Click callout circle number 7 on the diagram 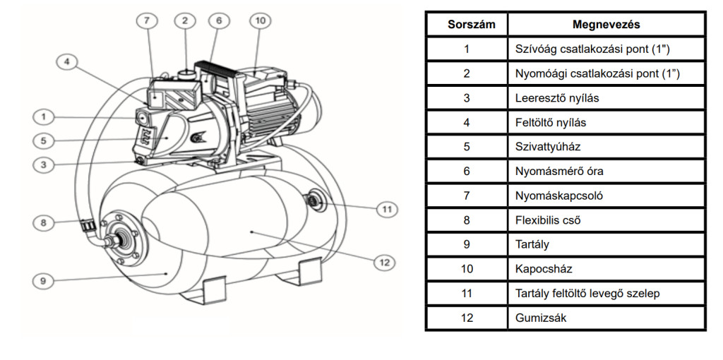(x=147, y=21)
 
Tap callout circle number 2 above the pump (x=185, y=21)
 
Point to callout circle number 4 (x=67, y=63)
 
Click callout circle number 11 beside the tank (x=386, y=209)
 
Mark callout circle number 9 (x=43, y=280)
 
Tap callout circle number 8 (x=43, y=223)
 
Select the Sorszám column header (x=466, y=25)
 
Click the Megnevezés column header (x=606, y=25)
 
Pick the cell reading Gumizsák (x=541, y=318)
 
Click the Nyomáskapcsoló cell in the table (x=559, y=196)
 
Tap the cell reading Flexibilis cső (x=548, y=220)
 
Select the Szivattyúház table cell (x=546, y=147)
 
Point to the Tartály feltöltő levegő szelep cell (x=587, y=294)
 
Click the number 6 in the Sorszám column (x=466, y=172)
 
